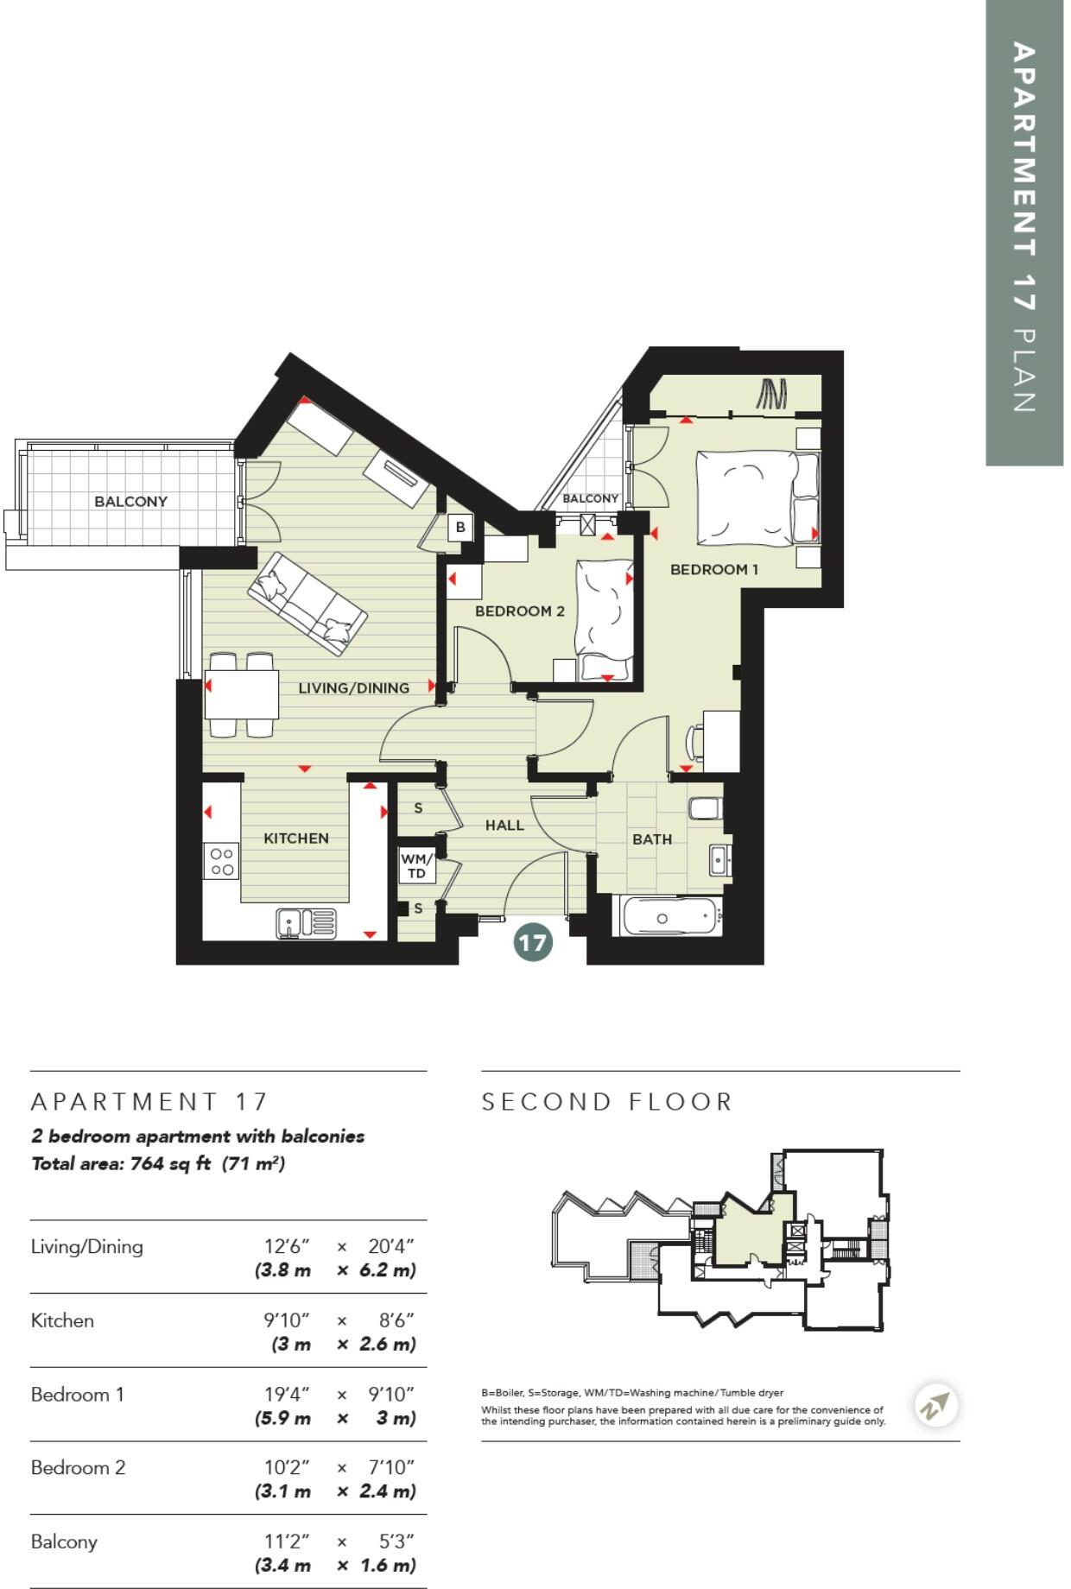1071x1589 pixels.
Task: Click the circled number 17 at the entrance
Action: click(532, 941)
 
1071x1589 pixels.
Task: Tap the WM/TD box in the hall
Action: click(415, 866)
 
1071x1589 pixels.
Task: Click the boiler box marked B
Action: click(460, 527)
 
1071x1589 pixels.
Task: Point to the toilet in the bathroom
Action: click(704, 808)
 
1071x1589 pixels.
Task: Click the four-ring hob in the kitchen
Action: click(222, 861)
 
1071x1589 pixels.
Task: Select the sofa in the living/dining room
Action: click(307, 602)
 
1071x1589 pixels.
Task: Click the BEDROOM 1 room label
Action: click(713, 569)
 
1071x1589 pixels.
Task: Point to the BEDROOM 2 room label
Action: click(519, 611)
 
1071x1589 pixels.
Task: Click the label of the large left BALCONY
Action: click(130, 501)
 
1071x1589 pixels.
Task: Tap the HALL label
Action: click(504, 825)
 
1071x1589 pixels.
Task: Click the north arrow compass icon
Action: click(935, 1405)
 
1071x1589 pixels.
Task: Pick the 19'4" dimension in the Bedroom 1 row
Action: click(286, 1394)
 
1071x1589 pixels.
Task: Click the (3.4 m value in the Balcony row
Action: click(282, 1565)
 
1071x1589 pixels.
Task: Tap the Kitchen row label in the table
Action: click(62, 1320)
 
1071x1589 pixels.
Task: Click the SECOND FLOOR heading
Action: click(607, 1102)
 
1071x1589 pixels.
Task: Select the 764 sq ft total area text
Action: click(169, 1163)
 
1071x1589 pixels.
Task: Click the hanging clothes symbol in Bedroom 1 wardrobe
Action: click(771, 394)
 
